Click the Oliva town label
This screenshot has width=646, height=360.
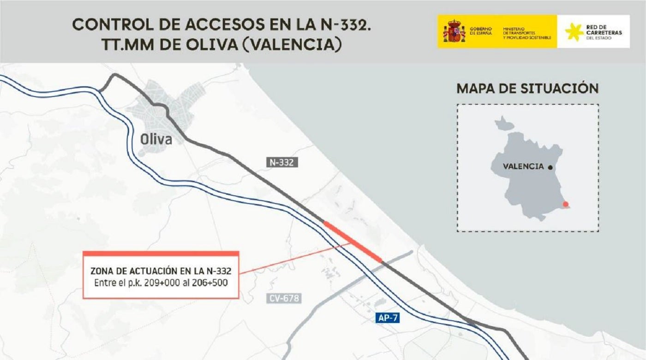coord(156,139)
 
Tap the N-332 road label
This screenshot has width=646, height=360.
coord(281,162)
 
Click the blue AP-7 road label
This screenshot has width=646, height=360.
coord(386,318)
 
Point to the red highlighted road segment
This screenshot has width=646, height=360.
coord(353,241)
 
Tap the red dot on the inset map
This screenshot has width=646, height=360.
coord(566,204)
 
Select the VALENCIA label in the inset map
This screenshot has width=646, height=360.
coord(523,167)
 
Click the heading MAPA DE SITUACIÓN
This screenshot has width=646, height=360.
coord(527,88)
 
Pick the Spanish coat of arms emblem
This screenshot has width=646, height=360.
coord(454,31)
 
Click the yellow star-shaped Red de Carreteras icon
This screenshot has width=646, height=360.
coord(574,32)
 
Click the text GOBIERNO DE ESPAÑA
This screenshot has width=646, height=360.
coord(481,31)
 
